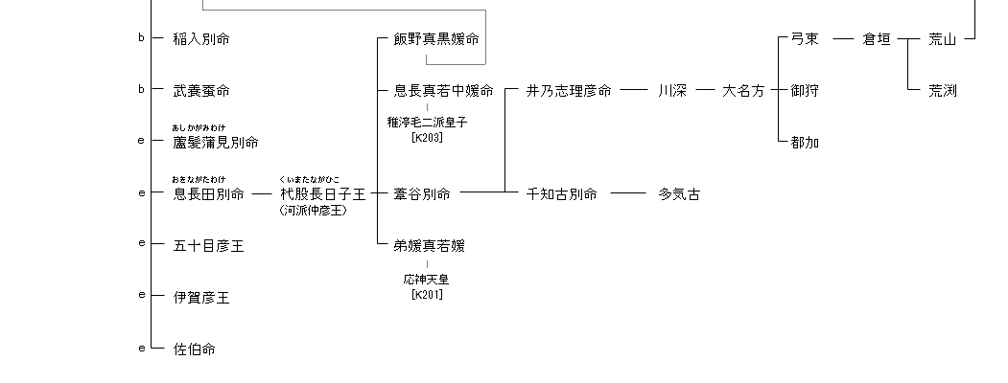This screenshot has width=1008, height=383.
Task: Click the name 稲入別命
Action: [x=201, y=39]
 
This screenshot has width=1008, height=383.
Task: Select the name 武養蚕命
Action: [x=201, y=91]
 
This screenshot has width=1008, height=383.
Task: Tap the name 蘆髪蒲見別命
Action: [x=215, y=143]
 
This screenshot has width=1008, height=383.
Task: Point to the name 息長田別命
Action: [x=208, y=194]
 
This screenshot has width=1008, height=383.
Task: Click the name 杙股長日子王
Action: [x=322, y=194]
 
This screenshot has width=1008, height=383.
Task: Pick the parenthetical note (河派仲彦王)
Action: [x=314, y=211]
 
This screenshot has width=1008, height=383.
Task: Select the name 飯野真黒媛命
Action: [x=435, y=39]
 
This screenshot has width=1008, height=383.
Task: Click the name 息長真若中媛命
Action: [x=443, y=91]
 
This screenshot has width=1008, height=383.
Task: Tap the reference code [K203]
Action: [x=427, y=138]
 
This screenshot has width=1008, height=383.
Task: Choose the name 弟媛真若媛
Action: [x=429, y=246]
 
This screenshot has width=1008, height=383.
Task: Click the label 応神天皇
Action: [x=427, y=280]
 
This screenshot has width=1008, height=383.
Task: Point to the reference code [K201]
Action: [x=427, y=294]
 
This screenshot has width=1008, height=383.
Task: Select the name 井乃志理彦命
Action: [x=569, y=91]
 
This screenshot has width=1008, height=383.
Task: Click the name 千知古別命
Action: [x=562, y=194]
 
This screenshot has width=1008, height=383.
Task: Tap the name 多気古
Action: [x=679, y=194]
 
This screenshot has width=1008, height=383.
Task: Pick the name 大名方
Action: [x=743, y=91]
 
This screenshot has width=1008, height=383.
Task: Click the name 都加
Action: [x=805, y=143]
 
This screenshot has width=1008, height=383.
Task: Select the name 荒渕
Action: [x=943, y=91]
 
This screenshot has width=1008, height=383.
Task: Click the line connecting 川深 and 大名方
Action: [x=706, y=91]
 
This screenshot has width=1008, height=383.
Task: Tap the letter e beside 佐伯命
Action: [x=141, y=346]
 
